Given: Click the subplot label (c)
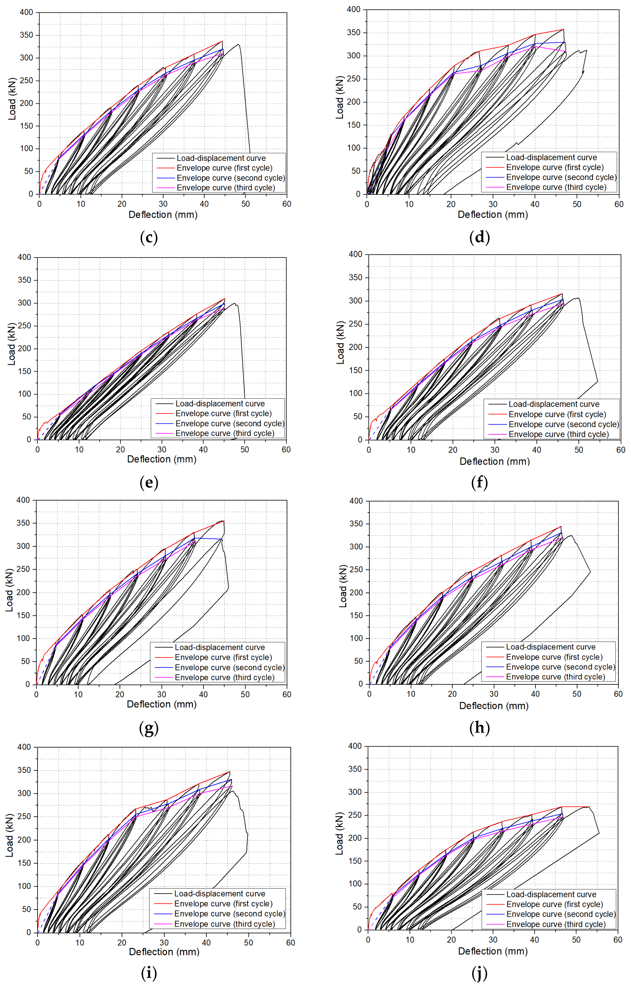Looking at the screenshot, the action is click(x=149, y=237).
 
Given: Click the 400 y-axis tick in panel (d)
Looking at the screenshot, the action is click(x=354, y=9).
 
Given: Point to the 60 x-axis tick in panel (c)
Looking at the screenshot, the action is click(x=287, y=204).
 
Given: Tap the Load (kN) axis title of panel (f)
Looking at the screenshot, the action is click(x=340, y=343).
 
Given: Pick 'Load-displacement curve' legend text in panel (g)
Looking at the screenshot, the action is click(x=220, y=647).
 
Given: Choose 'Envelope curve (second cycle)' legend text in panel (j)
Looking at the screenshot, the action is click(x=561, y=914).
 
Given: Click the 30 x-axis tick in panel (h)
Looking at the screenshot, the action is click(x=494, y=694).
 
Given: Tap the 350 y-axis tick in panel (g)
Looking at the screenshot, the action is click(x=23, y=523).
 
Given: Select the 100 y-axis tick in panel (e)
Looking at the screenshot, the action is click(x=24, y=394).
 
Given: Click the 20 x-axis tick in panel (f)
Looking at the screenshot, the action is click(x=453, y=450).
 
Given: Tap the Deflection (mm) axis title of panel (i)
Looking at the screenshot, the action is click(x=164, y=952).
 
